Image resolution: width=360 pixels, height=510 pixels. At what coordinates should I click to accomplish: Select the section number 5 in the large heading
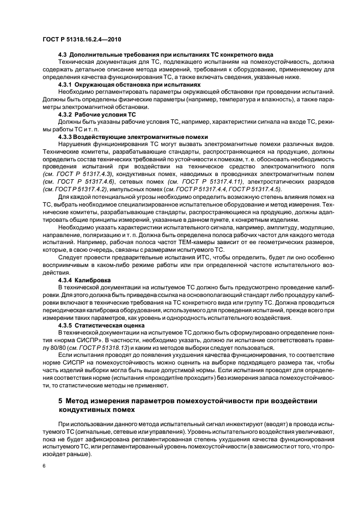click(60, 401)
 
